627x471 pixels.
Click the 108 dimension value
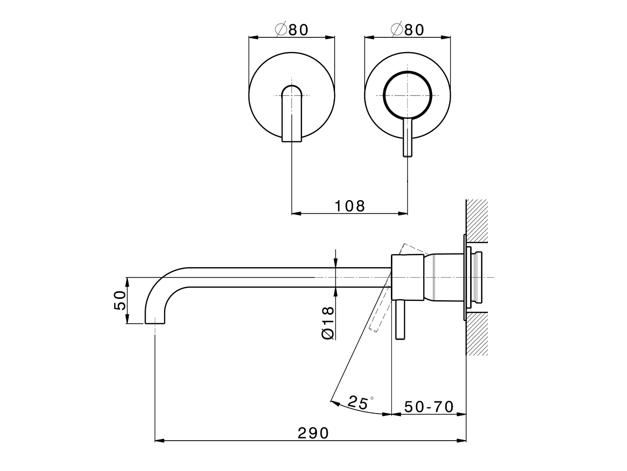pos(350,206)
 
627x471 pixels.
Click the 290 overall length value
pos(313,433)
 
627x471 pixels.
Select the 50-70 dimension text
pos(429,407)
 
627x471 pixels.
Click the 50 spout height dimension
pos(120,300)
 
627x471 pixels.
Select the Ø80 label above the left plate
pos(292,30)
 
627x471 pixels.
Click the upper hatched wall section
pos(477,221)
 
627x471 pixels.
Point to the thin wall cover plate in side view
pos(463,278)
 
